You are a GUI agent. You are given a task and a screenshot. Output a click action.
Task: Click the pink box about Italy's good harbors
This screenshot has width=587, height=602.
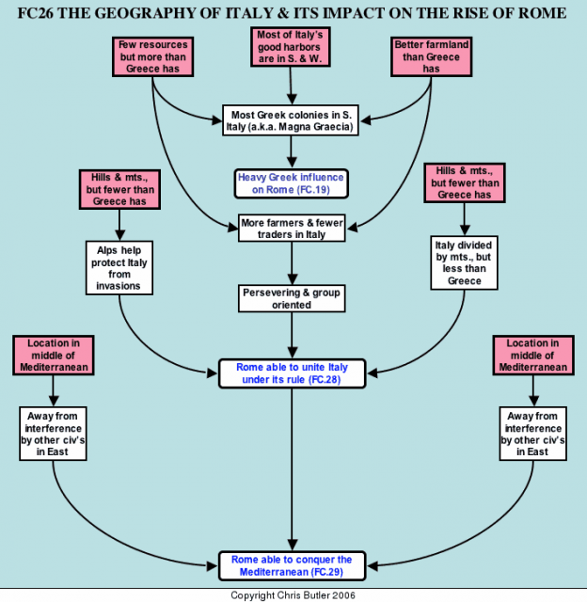point(291,47)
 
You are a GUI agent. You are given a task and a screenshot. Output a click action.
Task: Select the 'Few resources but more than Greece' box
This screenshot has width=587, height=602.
point(152,56)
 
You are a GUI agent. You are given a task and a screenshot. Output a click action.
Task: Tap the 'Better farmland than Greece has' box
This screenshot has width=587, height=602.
point(431,56)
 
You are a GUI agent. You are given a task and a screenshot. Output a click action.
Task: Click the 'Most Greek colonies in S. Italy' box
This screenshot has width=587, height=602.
point(291,120)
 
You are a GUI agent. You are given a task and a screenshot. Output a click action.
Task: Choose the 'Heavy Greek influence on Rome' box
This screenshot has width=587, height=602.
point(292,183)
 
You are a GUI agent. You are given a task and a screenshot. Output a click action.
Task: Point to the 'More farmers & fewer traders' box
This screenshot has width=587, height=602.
point(292,228)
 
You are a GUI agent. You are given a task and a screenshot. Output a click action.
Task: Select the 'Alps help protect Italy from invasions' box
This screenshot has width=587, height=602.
point(119,268)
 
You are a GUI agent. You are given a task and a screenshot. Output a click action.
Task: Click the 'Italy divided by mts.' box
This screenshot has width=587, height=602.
point(464,263)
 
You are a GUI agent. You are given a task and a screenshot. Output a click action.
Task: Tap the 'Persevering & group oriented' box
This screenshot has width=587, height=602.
point(292,298)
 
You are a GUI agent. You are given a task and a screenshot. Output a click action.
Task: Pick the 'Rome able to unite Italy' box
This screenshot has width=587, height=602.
point(292,373)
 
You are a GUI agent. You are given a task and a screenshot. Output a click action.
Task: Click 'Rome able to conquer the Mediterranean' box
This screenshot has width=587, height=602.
point(292,566)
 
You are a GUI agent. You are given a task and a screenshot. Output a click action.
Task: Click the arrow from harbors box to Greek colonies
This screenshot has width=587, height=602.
point(291,86)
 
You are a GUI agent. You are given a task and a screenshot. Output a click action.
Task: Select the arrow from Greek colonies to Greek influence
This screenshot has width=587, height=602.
point(292,152)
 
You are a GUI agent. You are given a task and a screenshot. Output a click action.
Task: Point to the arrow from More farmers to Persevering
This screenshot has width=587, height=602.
point(292,263)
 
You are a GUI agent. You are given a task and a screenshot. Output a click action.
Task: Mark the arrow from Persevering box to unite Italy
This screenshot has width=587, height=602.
point(292,335)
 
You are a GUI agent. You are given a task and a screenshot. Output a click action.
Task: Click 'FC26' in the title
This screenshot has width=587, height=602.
point(36,13)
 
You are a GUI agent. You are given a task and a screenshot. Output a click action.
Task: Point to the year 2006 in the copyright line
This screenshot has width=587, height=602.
point(343,595)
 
